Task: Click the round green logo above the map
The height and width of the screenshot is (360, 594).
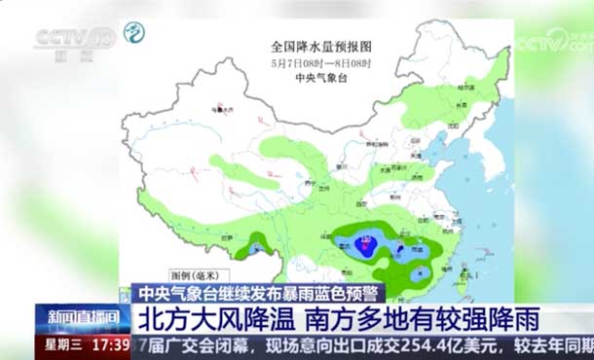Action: tap(133, 32)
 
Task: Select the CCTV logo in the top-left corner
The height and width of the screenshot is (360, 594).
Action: tap(73, 40)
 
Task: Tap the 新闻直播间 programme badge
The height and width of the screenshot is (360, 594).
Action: tap(82, 317)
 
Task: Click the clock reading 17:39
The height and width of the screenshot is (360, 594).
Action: tap(113, 344)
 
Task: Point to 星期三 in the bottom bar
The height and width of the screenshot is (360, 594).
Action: tap(64, 344)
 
